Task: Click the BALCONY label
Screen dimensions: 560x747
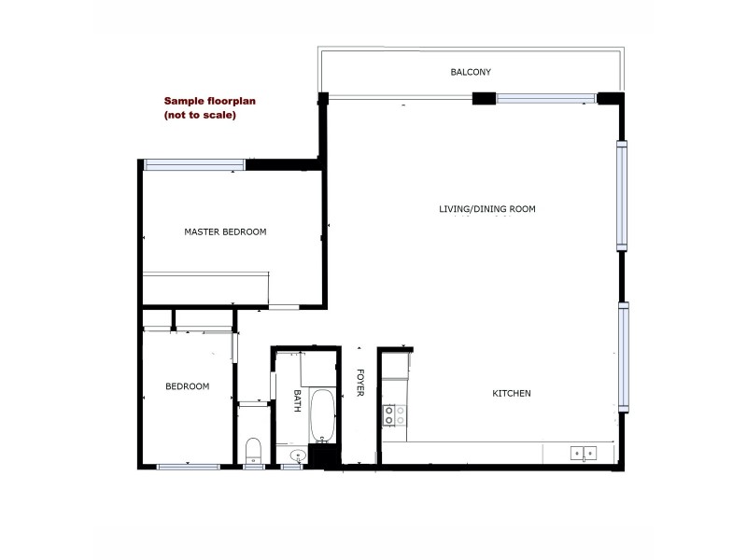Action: click(x=471, y=72)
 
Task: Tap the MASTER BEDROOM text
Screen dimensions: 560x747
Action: click(x=225, y=231)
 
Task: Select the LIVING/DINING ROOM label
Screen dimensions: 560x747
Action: click(x=486, y=209)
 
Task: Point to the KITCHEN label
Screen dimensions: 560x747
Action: click(x=512, y=394)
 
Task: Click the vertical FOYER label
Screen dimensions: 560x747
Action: click(x=359, y=383)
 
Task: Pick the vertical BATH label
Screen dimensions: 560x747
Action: click(x=298, y=401)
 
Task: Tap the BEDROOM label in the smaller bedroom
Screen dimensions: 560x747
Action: click(x=187, y=386)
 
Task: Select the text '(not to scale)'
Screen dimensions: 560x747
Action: click(x=200, y=116)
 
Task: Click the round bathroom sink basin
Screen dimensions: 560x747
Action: click(x=298, y=456)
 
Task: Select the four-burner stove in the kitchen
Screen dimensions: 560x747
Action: click(x=395, y=415)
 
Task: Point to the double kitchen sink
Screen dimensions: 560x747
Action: click(x=585, y=454)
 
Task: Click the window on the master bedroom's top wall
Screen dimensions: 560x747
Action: click(x=195, y=165)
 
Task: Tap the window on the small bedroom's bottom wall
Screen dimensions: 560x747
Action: click(x=188, y=466)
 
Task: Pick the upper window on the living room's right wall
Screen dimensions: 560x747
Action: click(x=622, y=194)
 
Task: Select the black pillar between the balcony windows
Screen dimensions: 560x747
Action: click(x=484, y=97)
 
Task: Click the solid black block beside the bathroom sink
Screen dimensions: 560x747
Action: click(x=322, y=456)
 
